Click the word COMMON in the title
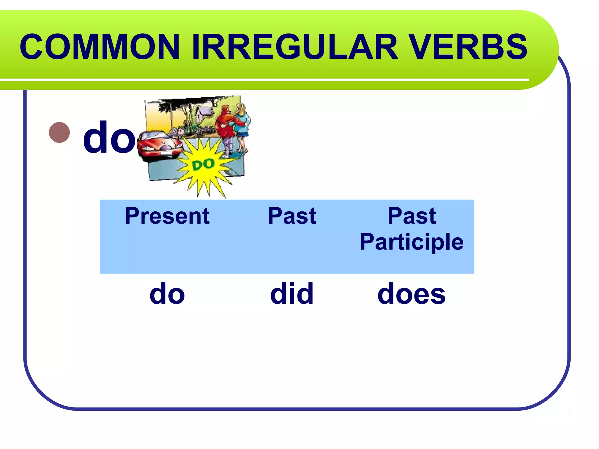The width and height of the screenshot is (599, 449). point(99,47)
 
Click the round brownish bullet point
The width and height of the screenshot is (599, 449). point(60,132)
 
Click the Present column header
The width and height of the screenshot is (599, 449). point(167,216)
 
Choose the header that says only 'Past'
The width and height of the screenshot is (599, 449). point(292,216)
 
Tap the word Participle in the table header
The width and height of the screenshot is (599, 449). point(412,242)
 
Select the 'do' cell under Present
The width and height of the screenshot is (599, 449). point(167,294)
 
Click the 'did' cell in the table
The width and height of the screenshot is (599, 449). point(292,294)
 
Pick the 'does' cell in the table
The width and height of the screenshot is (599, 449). point(412,294)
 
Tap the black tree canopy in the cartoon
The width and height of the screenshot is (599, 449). point(175,104)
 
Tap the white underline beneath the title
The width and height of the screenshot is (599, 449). point(263,80)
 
